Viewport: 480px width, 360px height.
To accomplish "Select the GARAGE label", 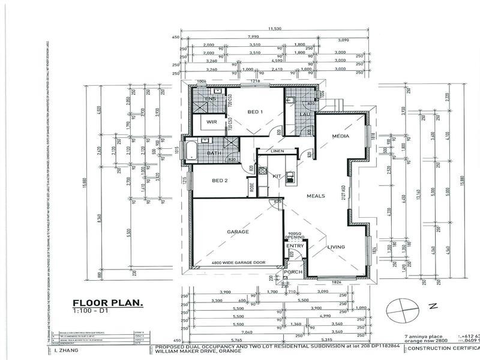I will [238, 231].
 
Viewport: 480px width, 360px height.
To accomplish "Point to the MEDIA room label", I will [341, 136].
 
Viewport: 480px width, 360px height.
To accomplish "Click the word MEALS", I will [316, 196].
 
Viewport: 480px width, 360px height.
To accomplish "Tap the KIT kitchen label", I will [277, 176].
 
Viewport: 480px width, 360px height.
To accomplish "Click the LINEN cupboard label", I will [277, 151].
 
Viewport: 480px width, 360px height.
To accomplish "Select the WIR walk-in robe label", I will [211, 122].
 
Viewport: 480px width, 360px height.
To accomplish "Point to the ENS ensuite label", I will [210, 98].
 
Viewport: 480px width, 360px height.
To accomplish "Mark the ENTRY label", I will [295, 245].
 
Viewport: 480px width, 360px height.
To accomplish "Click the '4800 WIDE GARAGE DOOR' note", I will [238, 263].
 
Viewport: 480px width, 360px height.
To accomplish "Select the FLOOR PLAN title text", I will [107, 303].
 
